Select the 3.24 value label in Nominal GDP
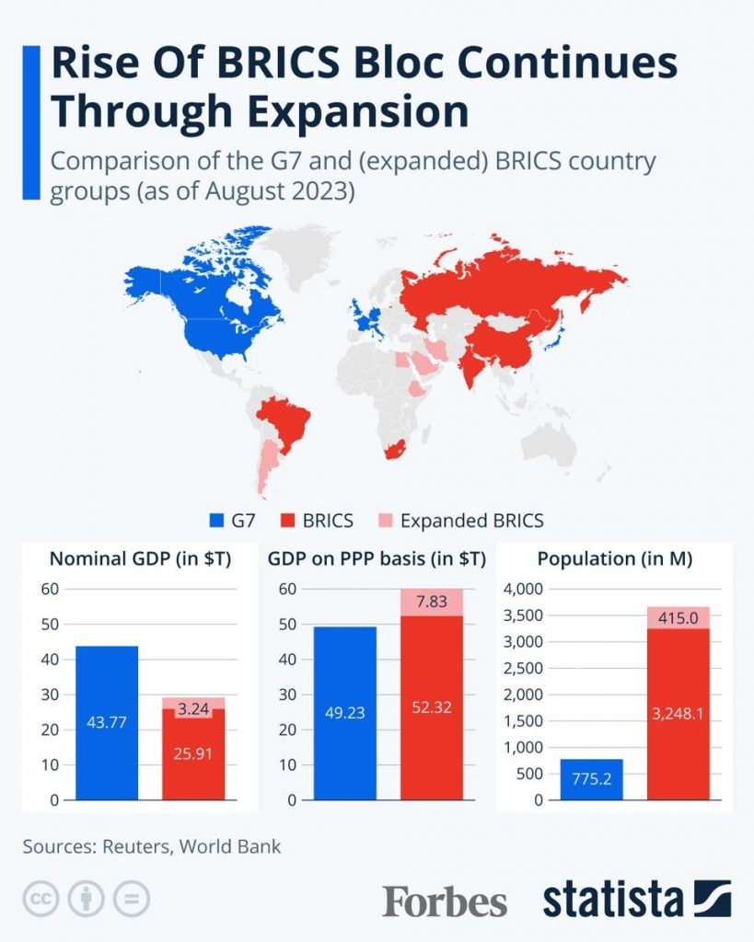(x=192, y=710)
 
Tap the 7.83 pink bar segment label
(x=432, y=602)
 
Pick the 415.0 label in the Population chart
(x=678, y=619)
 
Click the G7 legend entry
(x=234, y=521)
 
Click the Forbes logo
(x=445, y=901)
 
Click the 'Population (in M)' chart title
(x=614, y=559)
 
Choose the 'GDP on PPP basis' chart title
(x=377, y=559)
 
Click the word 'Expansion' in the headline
(x=355, y=111)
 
